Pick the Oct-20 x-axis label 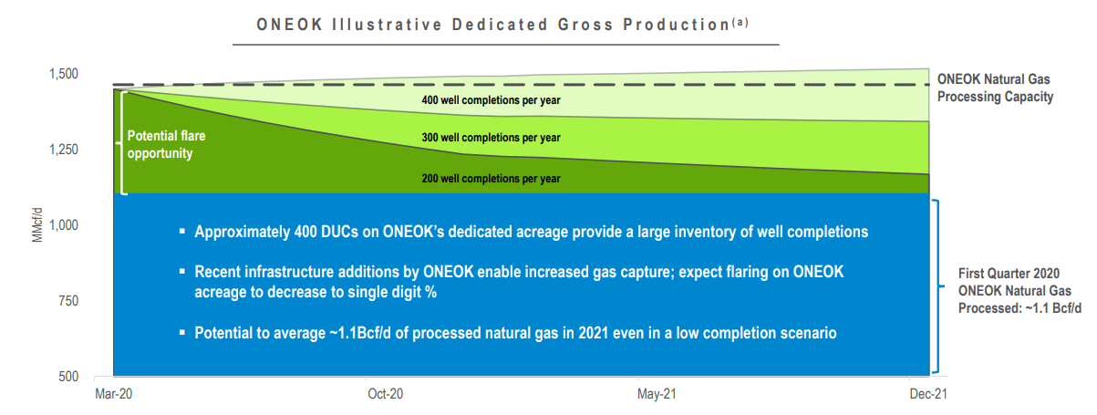click(386, 394)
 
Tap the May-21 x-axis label click(657, 394)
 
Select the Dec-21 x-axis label click(928, 394)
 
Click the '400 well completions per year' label click(491, 100)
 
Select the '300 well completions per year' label click(491, 138)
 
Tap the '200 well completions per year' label click(491, 179)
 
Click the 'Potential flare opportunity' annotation click(166, 145)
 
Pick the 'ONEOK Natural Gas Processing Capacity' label click(995, 88)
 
